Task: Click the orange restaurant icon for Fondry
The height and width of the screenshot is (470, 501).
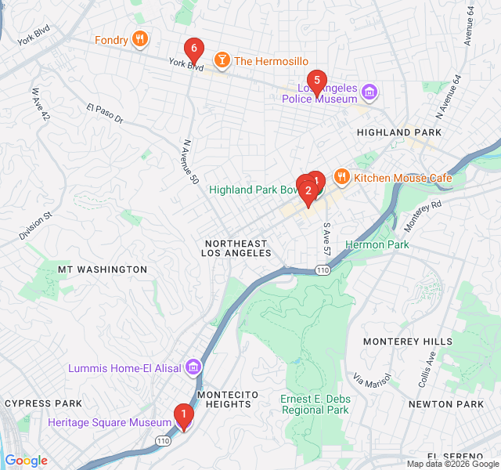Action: pyautogui.click(x=139, y=39)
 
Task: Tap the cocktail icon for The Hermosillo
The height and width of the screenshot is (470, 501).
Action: pyautogui.click(x=222, y=60)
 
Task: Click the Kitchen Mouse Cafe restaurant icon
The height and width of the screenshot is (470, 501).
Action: pyautogui.click(x=341, y=178)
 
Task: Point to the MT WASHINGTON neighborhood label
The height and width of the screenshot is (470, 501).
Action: pyautogui.click(x=102, y=269)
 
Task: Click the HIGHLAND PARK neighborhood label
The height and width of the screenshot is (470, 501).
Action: pyautogui.click(x=398, y=133)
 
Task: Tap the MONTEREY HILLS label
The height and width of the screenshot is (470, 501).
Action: pyautogui.click(x=406, y=342)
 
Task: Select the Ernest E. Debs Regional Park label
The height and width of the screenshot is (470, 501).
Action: pyautogui.click(x=315, y=404)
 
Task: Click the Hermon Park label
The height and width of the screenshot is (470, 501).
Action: pyautogui.click(x=377, y=245)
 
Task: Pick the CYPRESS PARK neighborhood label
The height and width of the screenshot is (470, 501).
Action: pyautogui.click(x=43, y=403)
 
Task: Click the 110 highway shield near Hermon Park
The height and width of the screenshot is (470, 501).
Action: pyautogui.click(x=323, y=269)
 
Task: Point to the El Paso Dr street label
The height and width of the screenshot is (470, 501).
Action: pyautogui.click(x=105, y=114)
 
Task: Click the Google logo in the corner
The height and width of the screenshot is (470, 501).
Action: pyautogui.click(x=27, y=461)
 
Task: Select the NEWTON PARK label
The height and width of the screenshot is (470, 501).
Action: pyautogui.click(x=446, y=404)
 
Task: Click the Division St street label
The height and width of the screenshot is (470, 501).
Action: pyautogui.click(x=35, y=226)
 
